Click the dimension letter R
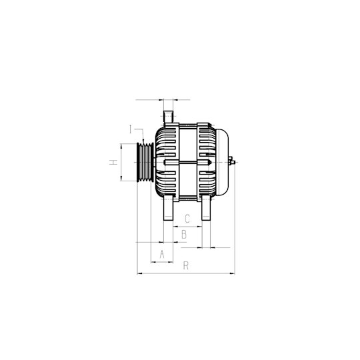pos(186,265)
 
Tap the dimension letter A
pos(162,254)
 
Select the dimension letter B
pos(184,235)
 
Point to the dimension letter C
pos(187,219)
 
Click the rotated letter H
pos(113,162)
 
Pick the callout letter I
pos(131,129)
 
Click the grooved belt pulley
pos(145,162)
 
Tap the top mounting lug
pos(168,117)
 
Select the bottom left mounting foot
pos(168,208)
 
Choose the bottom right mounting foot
pos(206,208)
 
